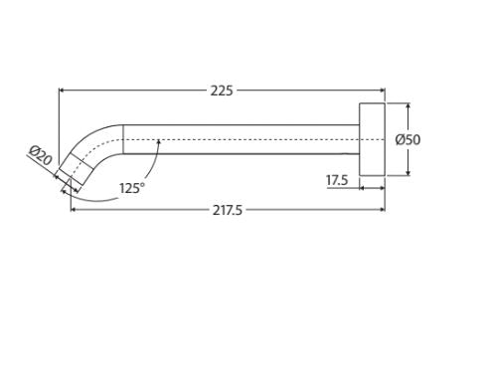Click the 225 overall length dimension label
(222, 91)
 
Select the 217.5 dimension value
(228, 210)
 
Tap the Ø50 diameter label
(408, 139)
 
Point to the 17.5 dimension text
(337, 180)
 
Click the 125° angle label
(132, 188)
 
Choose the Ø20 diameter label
(41, 155)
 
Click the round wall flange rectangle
(372, 139)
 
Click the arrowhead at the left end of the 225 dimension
(61, 90)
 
